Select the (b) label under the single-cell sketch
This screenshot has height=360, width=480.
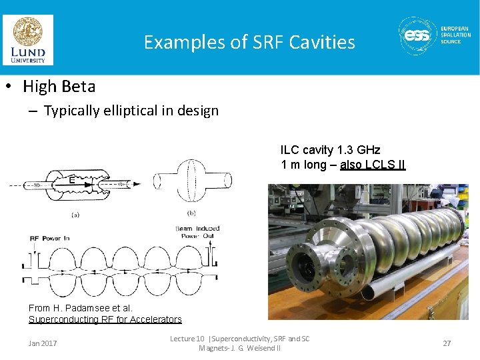192,213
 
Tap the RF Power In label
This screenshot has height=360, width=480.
50,238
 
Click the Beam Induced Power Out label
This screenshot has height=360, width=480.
197,232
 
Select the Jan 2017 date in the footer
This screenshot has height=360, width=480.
43,343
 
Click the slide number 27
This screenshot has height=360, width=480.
447,343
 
